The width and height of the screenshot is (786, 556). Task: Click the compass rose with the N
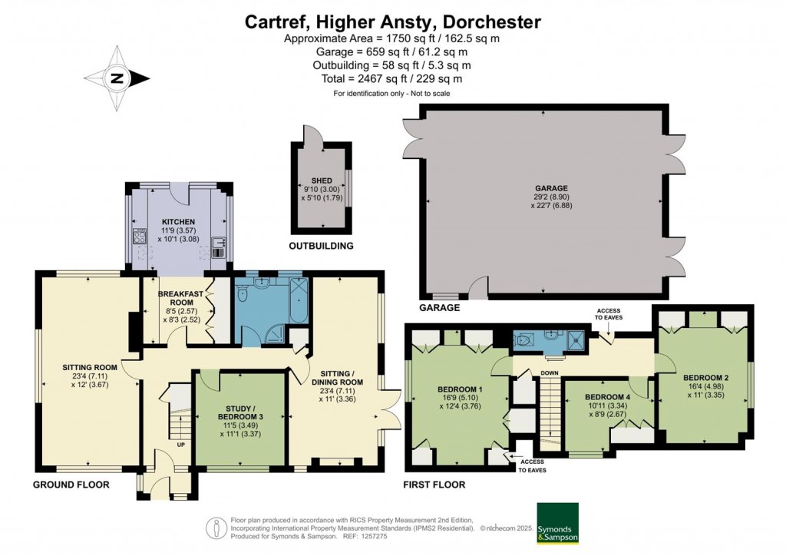pos(117,78)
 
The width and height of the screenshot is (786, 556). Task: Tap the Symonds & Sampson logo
pos(556,523)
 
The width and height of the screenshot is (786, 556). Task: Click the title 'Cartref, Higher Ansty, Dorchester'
pos(392,22)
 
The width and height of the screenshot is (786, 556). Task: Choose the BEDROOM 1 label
pos(459,388)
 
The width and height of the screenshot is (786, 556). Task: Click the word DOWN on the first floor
pos(549,373)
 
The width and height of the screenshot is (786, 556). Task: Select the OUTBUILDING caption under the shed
pos(321,247)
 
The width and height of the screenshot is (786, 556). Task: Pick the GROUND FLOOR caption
pos(71,485)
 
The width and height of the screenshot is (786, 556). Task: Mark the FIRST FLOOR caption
pos(434,485)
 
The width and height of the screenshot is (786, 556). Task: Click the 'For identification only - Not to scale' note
pos(391,93)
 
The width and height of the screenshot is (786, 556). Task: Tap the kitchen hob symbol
pos(140,234)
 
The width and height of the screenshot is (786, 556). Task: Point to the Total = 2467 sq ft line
pos(392,78)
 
